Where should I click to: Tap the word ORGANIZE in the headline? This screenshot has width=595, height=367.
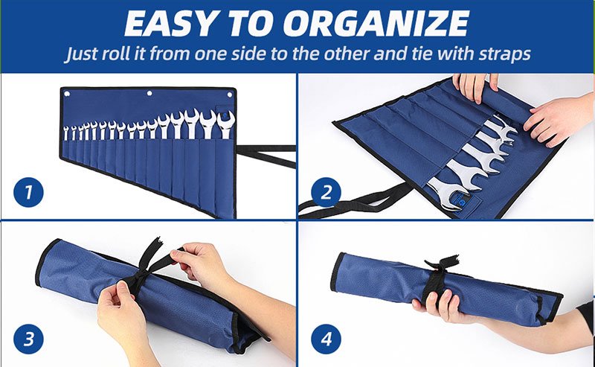click(376, 24)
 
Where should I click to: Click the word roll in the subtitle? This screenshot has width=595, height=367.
click(116, 53)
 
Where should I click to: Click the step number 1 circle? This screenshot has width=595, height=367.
click(28, 192)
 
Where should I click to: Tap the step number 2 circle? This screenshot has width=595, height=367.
click(326, 192)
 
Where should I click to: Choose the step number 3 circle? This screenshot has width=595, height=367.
click(28, 339)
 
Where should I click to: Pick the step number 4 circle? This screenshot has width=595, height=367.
click(326, 339)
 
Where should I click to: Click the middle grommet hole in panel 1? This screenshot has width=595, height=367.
click(149, 93)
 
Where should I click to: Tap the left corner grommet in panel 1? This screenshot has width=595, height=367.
click(67, 94)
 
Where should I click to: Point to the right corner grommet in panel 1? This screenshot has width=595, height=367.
click(230, 95)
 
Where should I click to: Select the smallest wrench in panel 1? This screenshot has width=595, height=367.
click(66, 133)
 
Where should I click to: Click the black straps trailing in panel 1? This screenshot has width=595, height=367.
click(266, 155)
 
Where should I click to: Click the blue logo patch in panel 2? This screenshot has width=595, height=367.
click(462, 201)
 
